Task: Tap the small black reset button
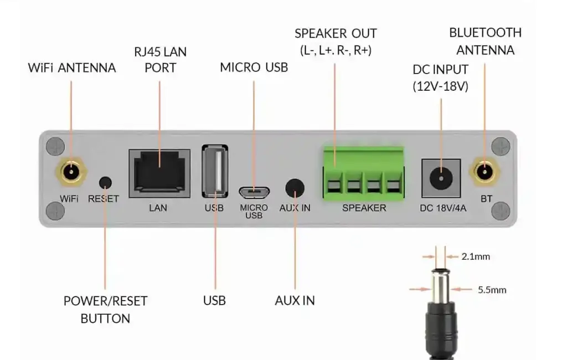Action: [x=105, y=182]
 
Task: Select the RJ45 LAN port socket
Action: [x=159, y=173]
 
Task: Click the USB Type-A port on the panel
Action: [x=214, y=171]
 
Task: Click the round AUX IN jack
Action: [x=295, y=188]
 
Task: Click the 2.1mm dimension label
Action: [x=475, y=256]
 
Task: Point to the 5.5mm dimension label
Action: [x=492, y=289]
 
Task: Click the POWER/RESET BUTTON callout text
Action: [x=105, y=310]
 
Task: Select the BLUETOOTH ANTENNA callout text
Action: [x=485, y=42]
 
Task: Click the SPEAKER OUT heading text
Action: [x=336, y=33]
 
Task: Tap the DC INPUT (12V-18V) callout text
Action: [x=441, y=78]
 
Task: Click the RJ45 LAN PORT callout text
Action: [x=160, y=60]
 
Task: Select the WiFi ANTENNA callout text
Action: [x=72, y=68]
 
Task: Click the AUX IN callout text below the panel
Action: [x=295, y=301]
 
